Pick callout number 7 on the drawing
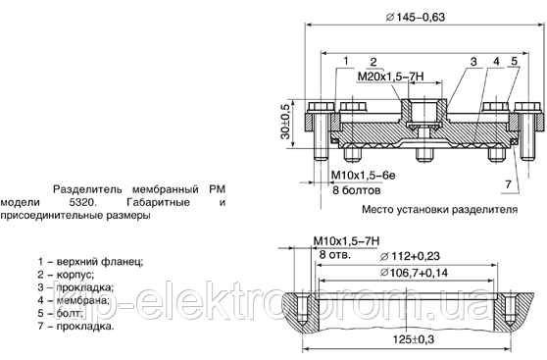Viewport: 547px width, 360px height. (x=506, y=184)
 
